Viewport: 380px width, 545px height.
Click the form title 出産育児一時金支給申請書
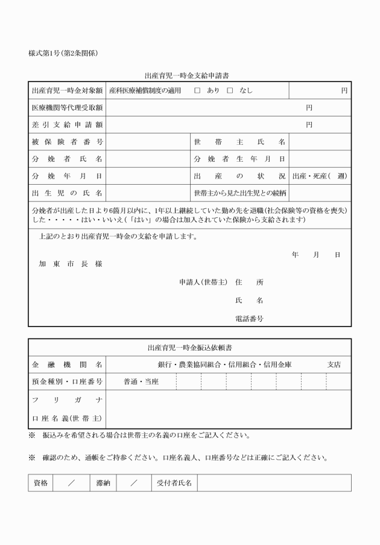pyautogui.click(x=186, y=76)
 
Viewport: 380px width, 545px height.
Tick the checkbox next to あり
pyautogui.click(x=197, y=91)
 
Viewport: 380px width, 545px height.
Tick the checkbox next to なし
pyautogui.click(x=229, y=91)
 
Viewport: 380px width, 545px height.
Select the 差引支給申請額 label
pyautogui.click(x=67, y=125)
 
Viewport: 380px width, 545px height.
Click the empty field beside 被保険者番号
pyautogui.click(x=148, y=142)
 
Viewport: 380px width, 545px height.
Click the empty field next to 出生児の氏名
pyautogui.click(x=148, y=193)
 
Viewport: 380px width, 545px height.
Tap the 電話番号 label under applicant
pyautogui.click(x=249, y=318)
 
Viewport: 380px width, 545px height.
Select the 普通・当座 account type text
pyautogui.click(x=141, y=381)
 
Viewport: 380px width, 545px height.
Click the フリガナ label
pyautogui.click(x=67, y=400)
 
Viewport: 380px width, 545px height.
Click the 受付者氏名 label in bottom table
pyautogui.click(x=174, y=483)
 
